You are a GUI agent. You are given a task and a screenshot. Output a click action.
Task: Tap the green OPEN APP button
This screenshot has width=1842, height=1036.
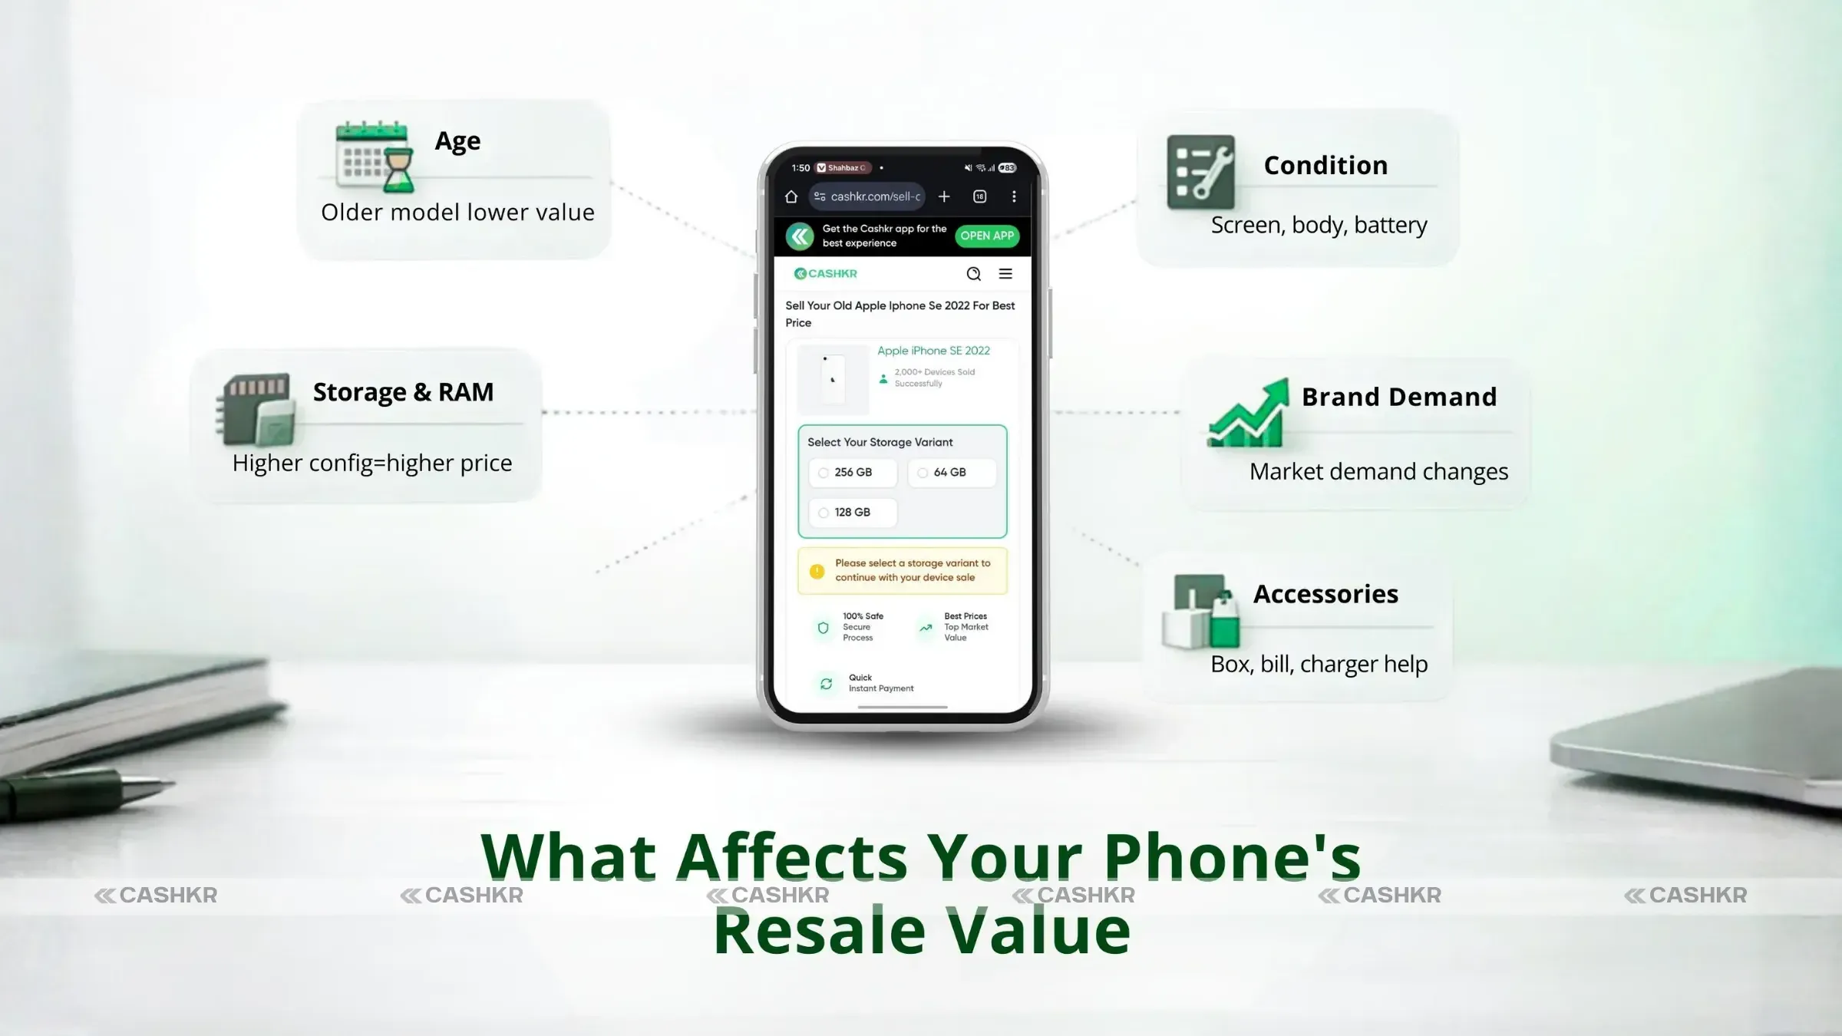pos(987,236)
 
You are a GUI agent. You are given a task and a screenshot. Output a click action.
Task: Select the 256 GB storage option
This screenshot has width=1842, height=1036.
pos(852,473)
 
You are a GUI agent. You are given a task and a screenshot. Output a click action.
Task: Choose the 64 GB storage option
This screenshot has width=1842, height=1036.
pos(951,473)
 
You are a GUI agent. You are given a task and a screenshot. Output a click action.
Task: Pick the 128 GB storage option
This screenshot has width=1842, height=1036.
pos(851,513)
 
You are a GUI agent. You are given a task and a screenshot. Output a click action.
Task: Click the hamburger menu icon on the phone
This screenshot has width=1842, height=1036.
pos(1005,274)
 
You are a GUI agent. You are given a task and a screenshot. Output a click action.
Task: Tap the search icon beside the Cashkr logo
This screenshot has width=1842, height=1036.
pos(973,274)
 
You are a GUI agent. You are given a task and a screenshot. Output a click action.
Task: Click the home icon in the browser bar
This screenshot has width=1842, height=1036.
pos(791,197)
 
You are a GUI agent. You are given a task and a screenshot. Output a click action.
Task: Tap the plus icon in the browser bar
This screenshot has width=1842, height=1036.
pos(944,197)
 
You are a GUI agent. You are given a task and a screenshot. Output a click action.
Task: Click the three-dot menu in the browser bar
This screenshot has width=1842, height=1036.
pos(1014,197)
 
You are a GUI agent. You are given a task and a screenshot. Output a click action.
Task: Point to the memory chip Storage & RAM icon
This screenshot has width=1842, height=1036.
pos(256,409)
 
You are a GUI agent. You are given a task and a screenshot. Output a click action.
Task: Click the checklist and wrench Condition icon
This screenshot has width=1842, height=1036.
pos(1201,172)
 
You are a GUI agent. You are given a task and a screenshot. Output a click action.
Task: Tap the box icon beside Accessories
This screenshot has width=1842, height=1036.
pos(1201,612)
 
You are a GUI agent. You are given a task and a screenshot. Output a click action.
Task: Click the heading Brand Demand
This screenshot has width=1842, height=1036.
pos(1399,397)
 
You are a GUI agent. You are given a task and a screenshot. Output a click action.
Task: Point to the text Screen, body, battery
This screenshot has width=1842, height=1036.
pos(1319,225)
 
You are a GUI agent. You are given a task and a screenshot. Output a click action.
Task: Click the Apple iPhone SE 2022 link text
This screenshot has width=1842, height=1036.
pos(933,351)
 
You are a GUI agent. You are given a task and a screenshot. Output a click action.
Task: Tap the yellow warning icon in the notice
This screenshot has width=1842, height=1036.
pos(817,571)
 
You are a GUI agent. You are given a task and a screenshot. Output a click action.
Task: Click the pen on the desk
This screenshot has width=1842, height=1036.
pos(84,791)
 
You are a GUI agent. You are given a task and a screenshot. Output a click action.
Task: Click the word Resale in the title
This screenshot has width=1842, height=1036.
pos(820,931)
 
